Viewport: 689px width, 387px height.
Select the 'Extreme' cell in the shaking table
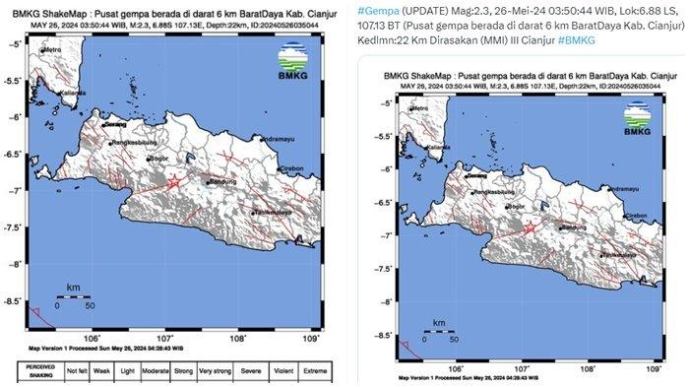(x=314, y=372)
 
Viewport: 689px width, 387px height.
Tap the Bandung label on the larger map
(x=225, y=182)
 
